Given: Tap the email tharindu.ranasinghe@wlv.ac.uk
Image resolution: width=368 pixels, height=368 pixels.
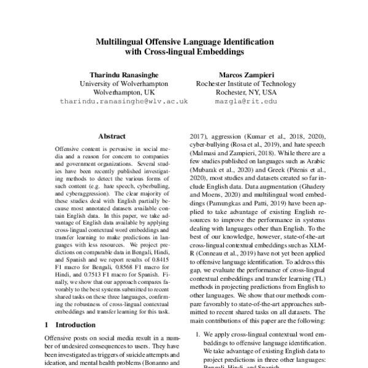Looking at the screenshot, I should tap(124, 101).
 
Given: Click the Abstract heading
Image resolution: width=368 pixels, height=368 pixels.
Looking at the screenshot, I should tap(111, 137).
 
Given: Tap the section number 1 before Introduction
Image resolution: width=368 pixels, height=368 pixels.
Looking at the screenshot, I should tap(48, 324).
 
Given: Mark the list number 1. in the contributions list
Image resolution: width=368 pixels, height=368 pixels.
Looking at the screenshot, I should tap(197, 334).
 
